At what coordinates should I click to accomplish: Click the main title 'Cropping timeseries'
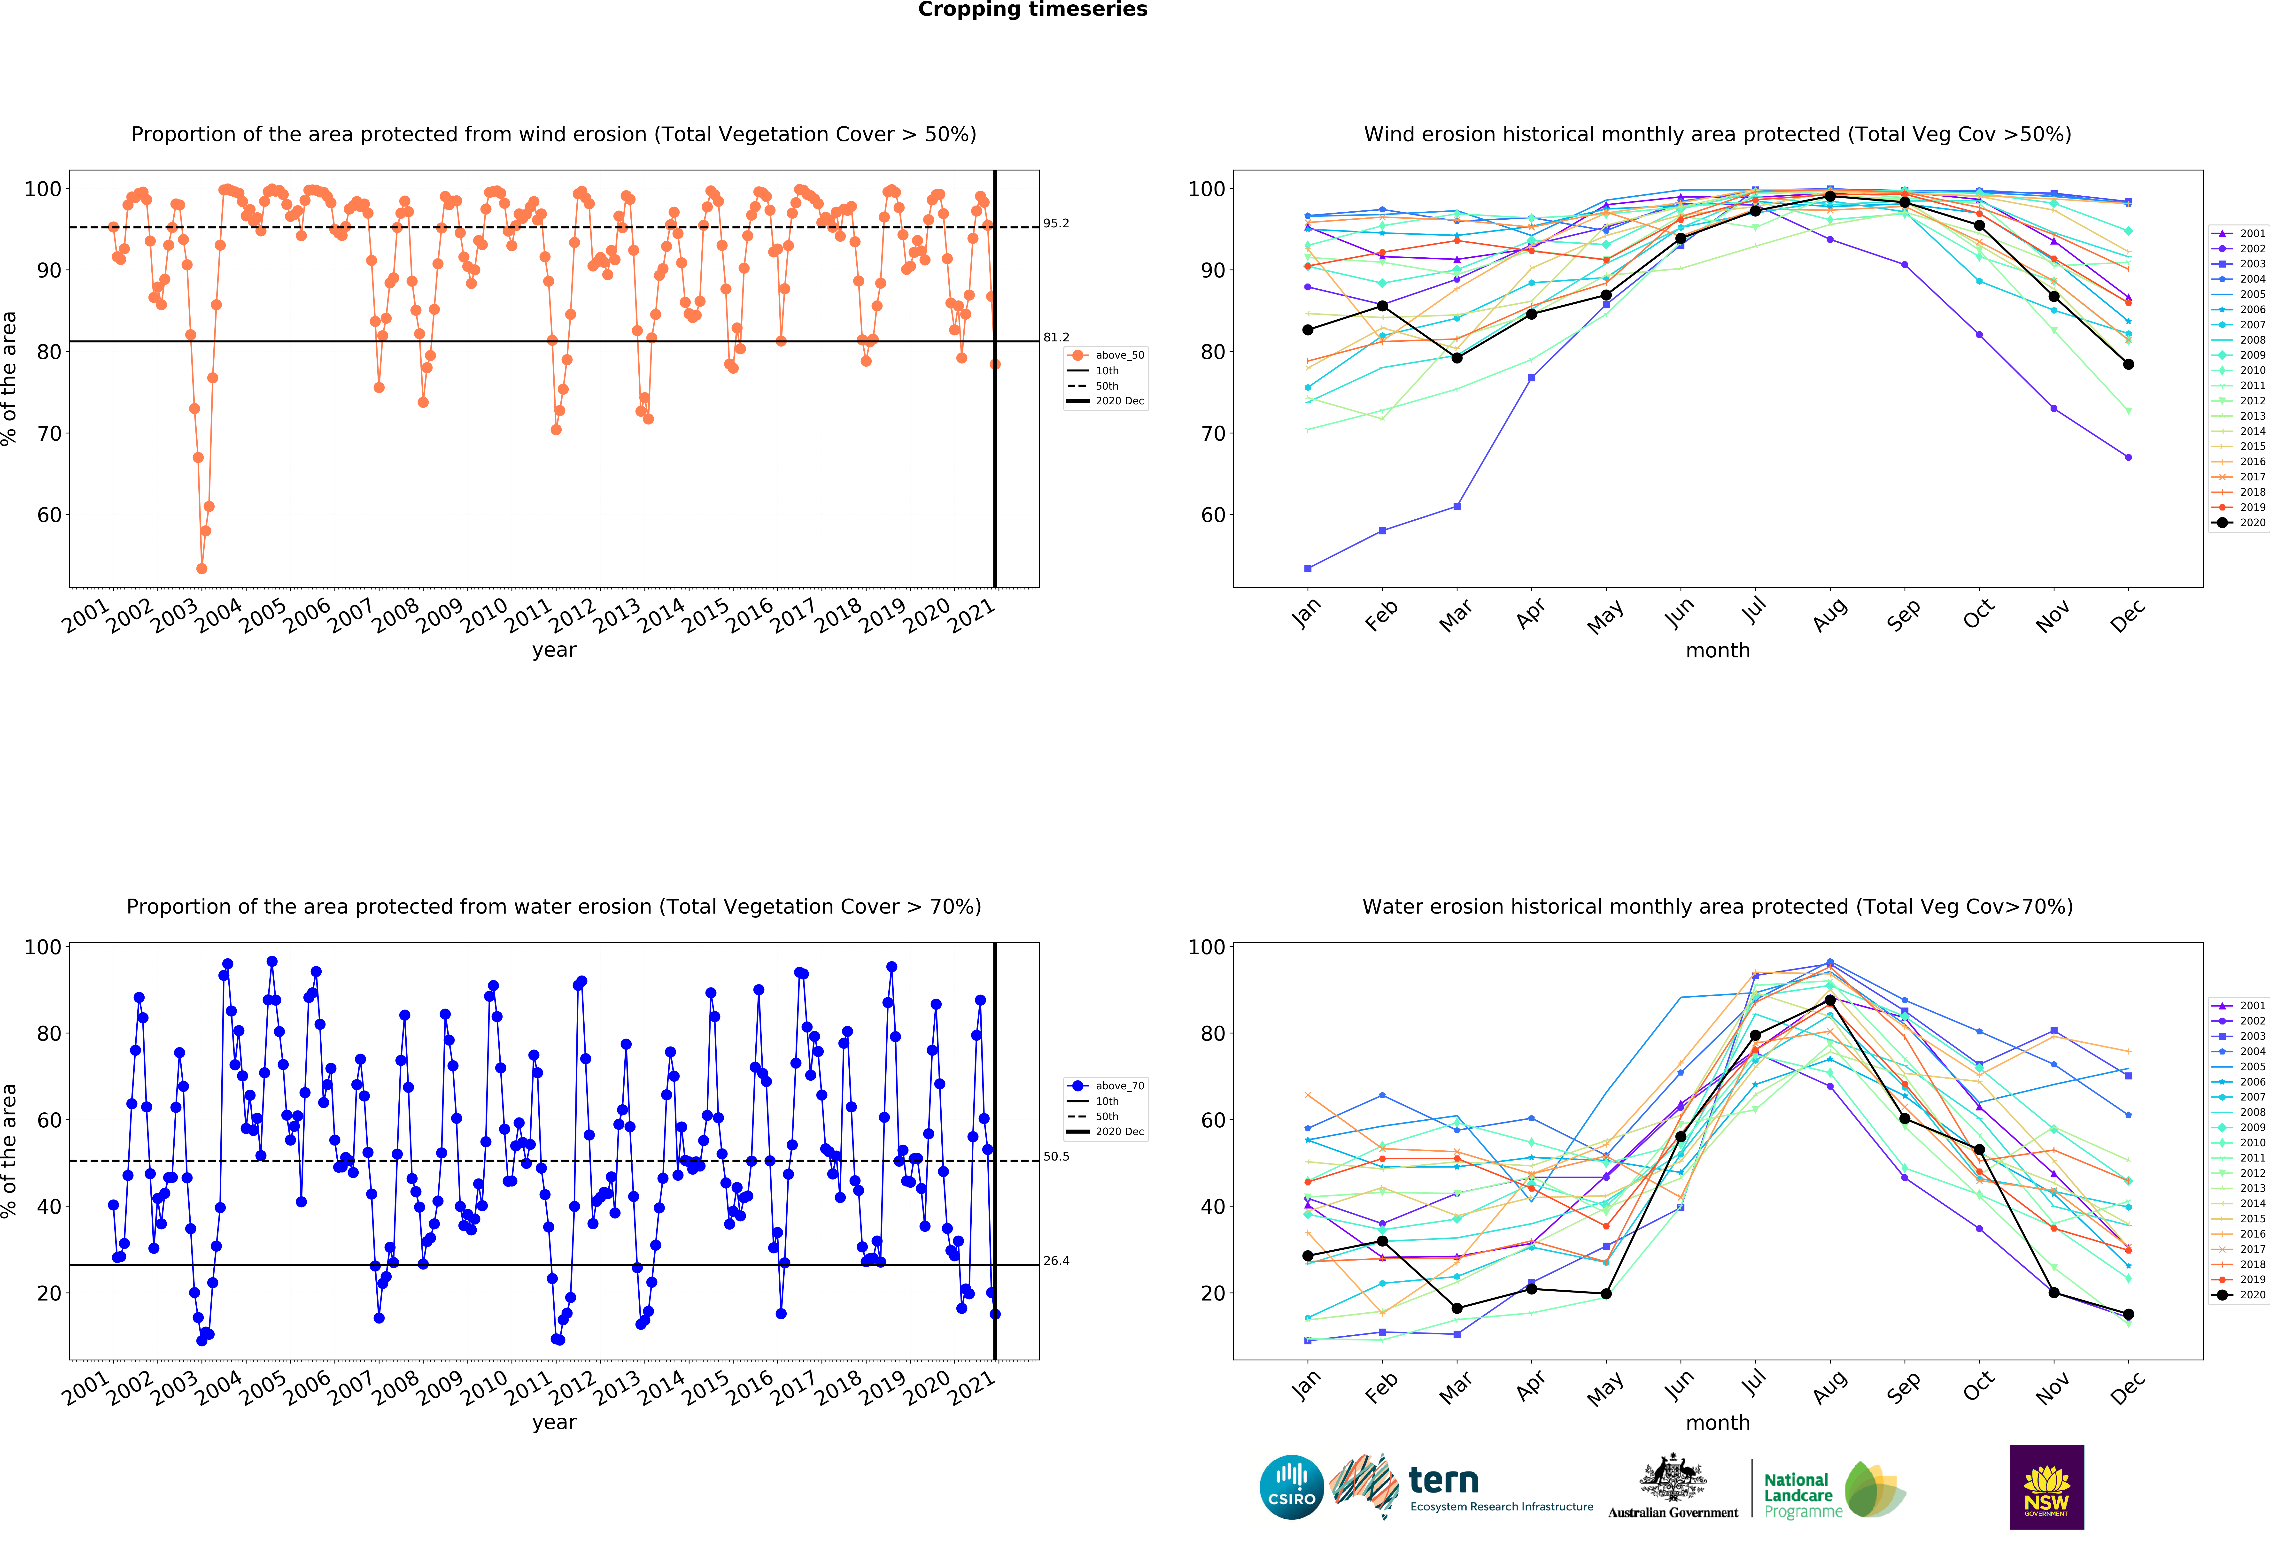pyautogui.click(x=1032, y=10)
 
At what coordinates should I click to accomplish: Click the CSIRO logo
pyautogui.click(x=1291, y=1487)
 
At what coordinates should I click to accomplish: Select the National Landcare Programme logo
pyautogui.click(x=1833, y=1489)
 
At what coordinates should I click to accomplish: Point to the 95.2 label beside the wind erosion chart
pyautogui.click(x=1056, y=224)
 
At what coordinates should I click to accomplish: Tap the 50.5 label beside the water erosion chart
pyautogui.click(x=1056, y=1156)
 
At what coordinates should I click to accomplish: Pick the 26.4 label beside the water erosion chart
pyautogui.click(x=1056, y=1261)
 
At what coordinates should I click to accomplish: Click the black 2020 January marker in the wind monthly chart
pyautogui.click(x=1308, y=330)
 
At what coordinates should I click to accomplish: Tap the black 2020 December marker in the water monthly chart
pyautogui.click(x=2128, y=1315)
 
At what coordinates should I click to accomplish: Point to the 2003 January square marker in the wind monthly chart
pyautogui.click(x=1308, y=568)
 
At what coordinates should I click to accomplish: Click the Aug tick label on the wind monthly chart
pyautogui.click(x=1829, y=615)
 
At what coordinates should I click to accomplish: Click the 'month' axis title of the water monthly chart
pyautogui.click(x=1717, y=1423)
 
